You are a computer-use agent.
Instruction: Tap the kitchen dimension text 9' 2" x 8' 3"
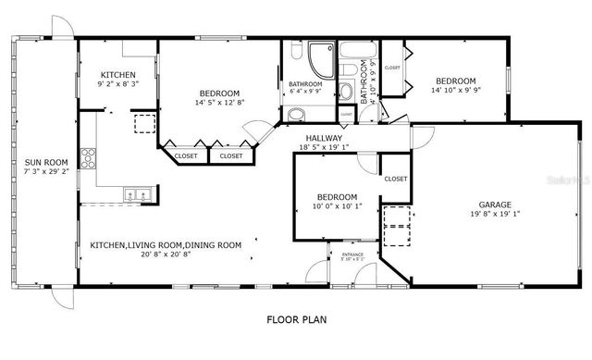118,84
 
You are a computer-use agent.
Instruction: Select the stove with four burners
90,157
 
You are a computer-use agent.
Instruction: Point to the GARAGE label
495,205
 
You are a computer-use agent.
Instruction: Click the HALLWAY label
324,138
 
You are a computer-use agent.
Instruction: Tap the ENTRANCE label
351,254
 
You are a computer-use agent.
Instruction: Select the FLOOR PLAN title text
296,320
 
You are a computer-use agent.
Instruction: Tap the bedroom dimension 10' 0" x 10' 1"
336,206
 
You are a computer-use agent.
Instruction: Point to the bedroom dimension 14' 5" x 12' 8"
219,103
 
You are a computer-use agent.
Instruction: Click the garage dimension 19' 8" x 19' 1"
495,215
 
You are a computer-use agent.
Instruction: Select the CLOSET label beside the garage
395,179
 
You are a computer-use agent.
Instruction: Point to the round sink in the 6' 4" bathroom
295,115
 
